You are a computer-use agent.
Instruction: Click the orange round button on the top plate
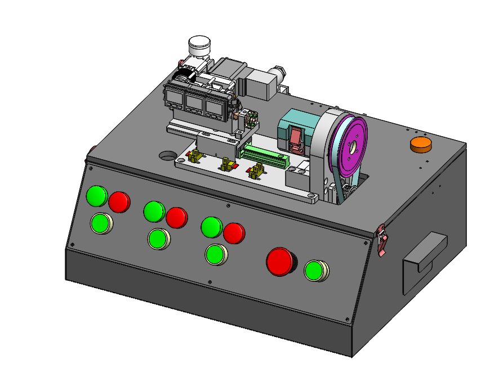point(420,144)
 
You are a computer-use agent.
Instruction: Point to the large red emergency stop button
point(280,261)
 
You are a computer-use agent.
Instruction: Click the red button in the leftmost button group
point(119,201)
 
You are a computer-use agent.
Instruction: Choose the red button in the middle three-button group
point(176,217)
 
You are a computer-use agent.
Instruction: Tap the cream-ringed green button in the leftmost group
point(101,223)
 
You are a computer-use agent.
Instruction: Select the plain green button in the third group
point(211,227)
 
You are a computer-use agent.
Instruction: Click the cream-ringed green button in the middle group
point(158,239)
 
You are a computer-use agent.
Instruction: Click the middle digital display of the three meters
point(194,104)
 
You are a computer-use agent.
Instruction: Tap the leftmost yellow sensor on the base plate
point(197,155)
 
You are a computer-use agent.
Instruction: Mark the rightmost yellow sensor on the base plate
point(257,170)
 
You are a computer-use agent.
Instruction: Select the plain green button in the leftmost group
point(96,196)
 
